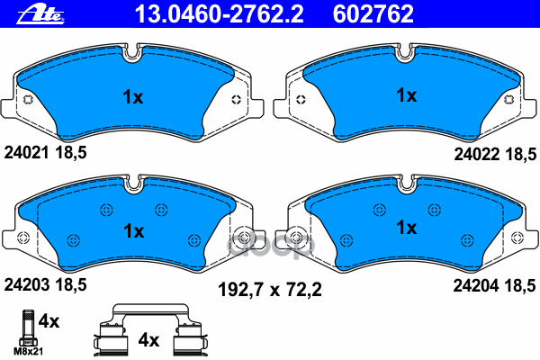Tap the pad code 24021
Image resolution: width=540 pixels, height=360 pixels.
tap(24, 155)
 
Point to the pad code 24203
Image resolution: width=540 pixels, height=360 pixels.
tap(24, 285)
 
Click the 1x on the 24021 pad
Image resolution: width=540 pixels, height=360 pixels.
tap(132, 97)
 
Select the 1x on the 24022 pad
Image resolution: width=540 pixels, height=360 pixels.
tap(407, 94)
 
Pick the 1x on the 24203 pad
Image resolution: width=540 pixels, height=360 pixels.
tap(132, 230)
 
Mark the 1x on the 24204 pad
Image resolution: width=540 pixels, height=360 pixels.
tap(407, 228)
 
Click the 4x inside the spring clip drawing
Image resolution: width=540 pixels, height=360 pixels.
tap(148, 340)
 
